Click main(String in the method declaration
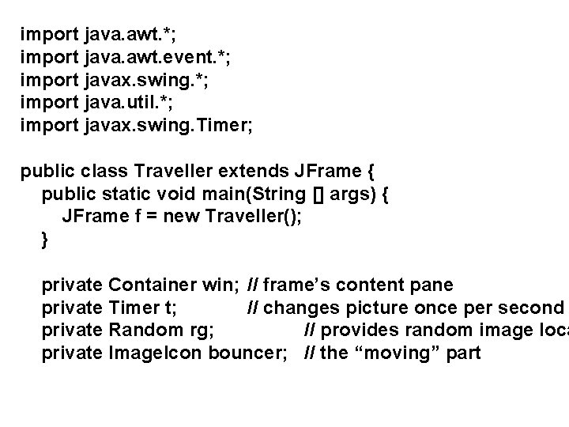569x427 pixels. click(x=244, y=194)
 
